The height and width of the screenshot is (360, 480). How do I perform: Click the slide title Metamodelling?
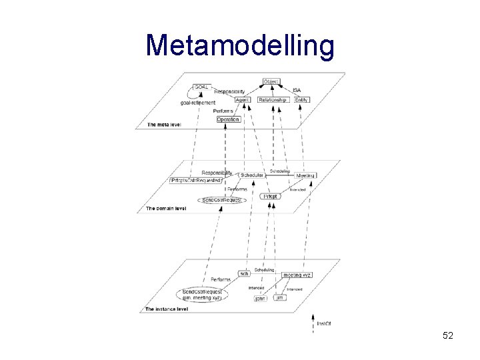(240, 46)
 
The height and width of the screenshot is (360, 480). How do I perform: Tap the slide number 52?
(447, 335)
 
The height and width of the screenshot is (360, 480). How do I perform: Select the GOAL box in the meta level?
(201, 87)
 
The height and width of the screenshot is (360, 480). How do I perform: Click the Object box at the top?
(271, 81)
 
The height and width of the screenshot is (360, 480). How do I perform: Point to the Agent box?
(243, 100)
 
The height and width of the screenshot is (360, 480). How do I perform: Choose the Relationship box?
(272, 100)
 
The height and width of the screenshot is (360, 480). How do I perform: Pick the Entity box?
(301, 100)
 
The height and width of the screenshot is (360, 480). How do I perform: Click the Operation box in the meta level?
(228, 119)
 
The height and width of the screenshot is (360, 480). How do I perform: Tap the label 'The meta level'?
(164, 125)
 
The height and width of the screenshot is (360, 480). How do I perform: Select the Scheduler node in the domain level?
(251, 175)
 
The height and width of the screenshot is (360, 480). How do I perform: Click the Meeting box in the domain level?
(305, 175)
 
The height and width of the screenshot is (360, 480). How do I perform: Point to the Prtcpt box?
(270, 196)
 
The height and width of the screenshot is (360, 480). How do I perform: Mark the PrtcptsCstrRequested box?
(196, 181)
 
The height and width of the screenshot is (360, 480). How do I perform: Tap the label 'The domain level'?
(166, 209)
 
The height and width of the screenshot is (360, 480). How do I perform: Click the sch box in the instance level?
(244, 274)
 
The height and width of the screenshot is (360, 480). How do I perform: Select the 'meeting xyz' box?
(297, 275)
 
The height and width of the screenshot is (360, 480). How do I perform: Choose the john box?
(260, 298)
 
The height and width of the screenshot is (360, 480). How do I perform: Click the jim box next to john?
(281, 297)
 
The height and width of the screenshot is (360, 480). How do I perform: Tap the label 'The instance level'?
(167, 309)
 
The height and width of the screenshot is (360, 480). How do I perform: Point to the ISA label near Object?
(297, 91)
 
